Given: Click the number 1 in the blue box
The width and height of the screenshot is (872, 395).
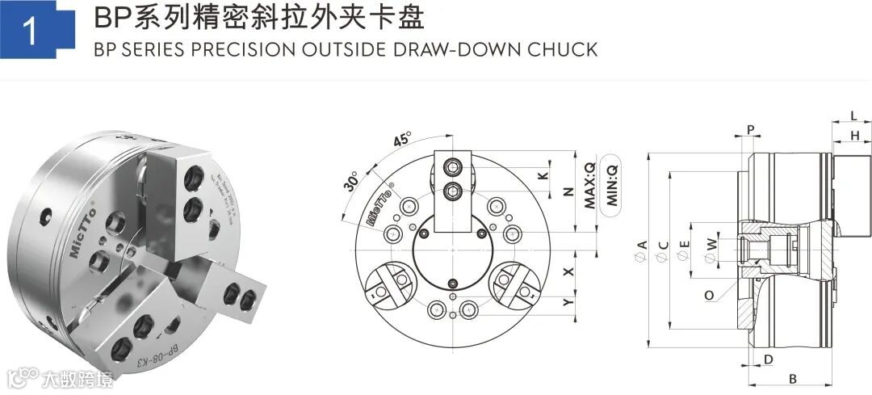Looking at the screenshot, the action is tap(30, 32).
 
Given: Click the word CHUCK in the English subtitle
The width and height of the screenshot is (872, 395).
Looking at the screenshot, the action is tap(562, 50).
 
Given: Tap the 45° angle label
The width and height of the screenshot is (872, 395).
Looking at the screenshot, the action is tap(401, 139).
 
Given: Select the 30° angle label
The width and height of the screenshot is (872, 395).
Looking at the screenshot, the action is tap(351, 180).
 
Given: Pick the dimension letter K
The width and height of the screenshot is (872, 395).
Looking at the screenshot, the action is tap(543, 175).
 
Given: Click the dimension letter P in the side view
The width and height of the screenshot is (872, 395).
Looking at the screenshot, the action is tap(750, 130).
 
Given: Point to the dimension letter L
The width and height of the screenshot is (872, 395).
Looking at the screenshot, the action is tap(853, 116).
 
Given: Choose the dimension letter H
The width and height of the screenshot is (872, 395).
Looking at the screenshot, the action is tap(854, 137).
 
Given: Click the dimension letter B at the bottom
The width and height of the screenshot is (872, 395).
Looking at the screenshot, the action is tap(793, 377).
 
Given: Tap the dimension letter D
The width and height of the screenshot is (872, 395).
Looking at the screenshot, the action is tap(769, 359).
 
